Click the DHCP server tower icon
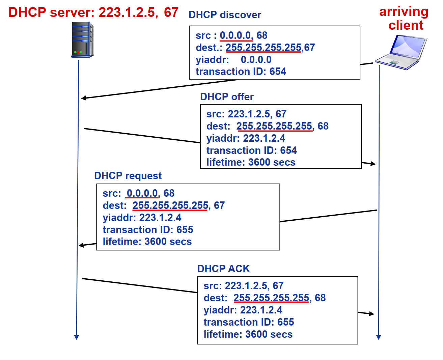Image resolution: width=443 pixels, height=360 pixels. point(82,40)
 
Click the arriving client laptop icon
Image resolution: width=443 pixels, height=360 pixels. point(402,52)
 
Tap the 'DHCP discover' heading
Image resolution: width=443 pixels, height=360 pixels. point(225,15)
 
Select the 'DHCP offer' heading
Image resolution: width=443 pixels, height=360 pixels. point(227,97)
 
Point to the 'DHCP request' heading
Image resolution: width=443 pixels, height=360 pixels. point(128,176)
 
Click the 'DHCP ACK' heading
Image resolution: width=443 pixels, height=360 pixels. point(223,269)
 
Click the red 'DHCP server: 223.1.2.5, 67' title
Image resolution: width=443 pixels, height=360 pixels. point(93,12)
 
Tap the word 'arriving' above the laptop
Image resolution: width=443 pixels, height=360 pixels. point(404,11)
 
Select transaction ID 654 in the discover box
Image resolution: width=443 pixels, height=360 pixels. point(241,72)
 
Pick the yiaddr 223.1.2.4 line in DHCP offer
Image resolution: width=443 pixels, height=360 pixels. point(246,138)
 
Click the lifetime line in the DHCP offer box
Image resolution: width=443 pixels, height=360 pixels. point(251,162)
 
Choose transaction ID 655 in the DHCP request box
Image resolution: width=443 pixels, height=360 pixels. point(148,230)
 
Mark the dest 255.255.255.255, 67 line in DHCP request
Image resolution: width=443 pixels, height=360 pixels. point(164,205)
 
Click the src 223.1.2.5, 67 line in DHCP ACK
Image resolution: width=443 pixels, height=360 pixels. point(243,286)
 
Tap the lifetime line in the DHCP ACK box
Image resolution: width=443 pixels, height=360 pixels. point(248,334)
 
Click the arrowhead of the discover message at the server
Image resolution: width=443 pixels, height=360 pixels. point(83,98)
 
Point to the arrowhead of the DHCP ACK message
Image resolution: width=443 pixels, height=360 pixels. point(372,314)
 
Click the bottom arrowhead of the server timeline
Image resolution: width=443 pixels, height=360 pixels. point(77,337)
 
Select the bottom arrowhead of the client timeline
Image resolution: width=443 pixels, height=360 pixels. point(379,337)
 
